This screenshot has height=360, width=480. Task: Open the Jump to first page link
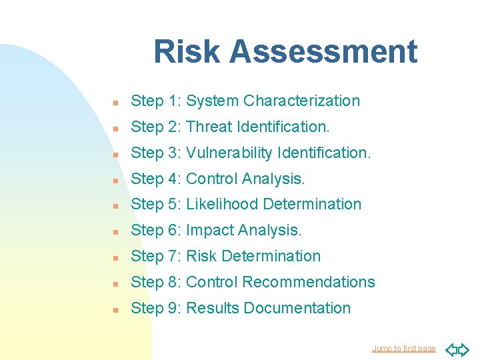[x=403, y=348]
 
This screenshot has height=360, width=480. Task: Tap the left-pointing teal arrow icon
[x=451, y=349]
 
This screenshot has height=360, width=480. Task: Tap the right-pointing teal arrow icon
[x=463, y=349]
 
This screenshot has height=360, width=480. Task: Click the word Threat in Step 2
[x=209, y=127]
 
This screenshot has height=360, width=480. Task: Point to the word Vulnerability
[x=229, y=153]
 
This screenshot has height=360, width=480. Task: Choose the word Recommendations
[x=309, y=282]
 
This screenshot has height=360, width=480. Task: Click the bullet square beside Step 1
[x=115, y=102]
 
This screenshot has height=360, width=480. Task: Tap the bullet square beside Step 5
[x=115, y=205]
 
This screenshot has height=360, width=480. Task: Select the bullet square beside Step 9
[x=115, y=309]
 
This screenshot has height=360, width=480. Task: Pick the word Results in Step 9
[x=213, y=308]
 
